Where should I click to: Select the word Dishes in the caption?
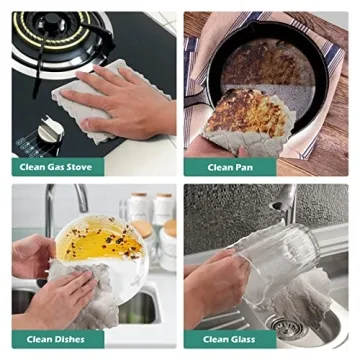70,340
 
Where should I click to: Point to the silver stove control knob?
50,129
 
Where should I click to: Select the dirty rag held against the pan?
249,123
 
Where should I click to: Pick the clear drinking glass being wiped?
280,257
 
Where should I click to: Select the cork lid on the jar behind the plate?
142,228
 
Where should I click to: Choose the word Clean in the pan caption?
220,167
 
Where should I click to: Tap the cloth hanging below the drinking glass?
300,297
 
